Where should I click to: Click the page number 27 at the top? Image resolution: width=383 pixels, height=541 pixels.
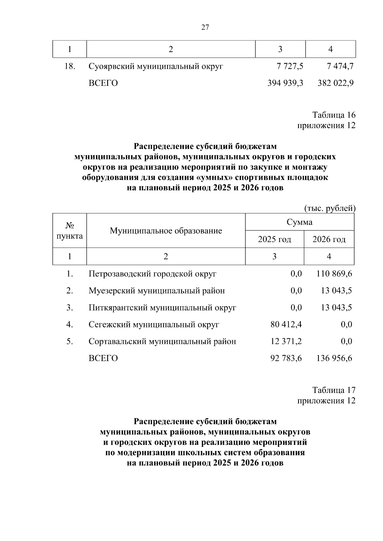(x=205, y=27)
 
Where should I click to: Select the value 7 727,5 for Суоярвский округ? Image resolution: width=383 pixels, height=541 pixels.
(x=290, y=66)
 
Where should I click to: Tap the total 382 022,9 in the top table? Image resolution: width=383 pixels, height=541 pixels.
(x=335, y=83)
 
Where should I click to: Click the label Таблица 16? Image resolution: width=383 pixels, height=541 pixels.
(x=334, y=115)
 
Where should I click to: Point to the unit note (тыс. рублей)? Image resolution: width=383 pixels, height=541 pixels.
(x=330, y=208)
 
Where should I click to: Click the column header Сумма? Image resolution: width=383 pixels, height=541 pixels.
(x=299, y=222)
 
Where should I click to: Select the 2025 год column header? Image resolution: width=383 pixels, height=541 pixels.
(x=274, y=239)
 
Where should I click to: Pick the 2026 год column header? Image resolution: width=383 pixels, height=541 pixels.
(x=329, y=239)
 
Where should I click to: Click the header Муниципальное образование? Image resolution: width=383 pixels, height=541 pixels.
(x=166, y=230)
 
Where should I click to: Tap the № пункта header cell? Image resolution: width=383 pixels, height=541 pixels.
(x=70, y=231)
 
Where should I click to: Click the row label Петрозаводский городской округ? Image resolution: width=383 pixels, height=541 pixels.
(x=153, y=274)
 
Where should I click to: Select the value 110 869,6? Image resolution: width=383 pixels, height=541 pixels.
(x=334, y=274)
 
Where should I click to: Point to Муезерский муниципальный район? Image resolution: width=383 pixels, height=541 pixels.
(x=157, y=291)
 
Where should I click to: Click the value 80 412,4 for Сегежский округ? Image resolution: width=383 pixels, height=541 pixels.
(x=286, y=325)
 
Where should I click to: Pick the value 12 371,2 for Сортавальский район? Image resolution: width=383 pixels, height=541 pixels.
(x=286, y=341)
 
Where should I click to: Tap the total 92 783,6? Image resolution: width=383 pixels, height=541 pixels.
(x=286, y=358)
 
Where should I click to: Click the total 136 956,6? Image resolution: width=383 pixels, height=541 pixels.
(x=334, y=358)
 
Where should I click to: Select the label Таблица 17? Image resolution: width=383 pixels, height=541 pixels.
(x=334, y=390)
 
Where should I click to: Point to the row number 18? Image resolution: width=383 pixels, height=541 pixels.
(x=70, y=66)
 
